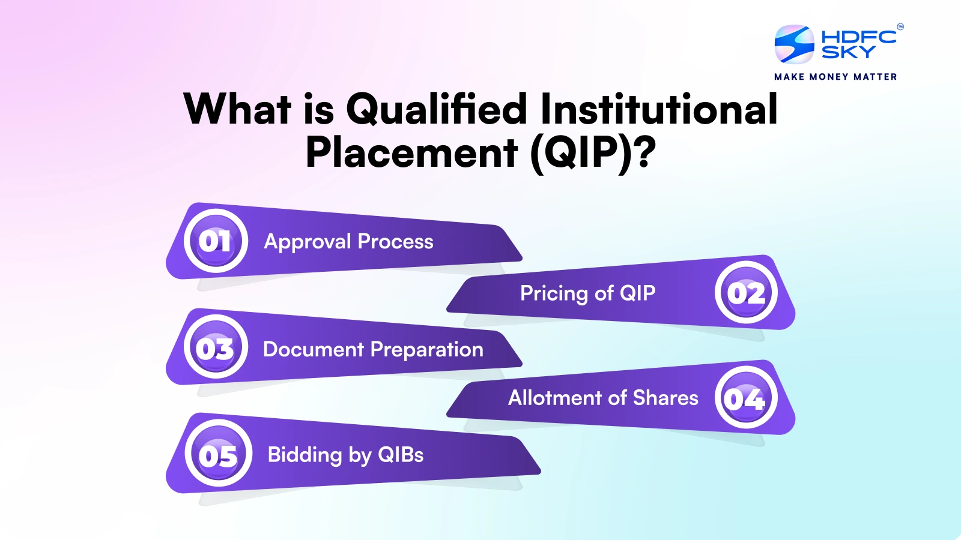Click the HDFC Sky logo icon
click(x=794, y=44)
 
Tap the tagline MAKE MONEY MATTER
click(x=835, y=77)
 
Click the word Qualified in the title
click(x=437, y=109)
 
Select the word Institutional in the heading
click(x=659, y=109)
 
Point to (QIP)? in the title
click(x=593, y=152)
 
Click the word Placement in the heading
click(x=411, y=152)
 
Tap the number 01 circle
click(x=216, y=241)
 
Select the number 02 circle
click(x=746, y=293)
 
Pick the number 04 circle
click(x=746, y=397)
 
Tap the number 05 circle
click(x=218, y=454)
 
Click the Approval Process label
click(x=348, y=242)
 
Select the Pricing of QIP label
click(x=587, y=293)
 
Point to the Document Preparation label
click(x=373, y=349)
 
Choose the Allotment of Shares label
click(x=603, y=398)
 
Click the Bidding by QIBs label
click(x=345, y=455)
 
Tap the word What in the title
click(x=237, y=109)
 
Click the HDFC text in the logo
click(x=858, y=37)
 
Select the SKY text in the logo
click(x=848, y=53)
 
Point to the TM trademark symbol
click(x=900, y=26)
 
